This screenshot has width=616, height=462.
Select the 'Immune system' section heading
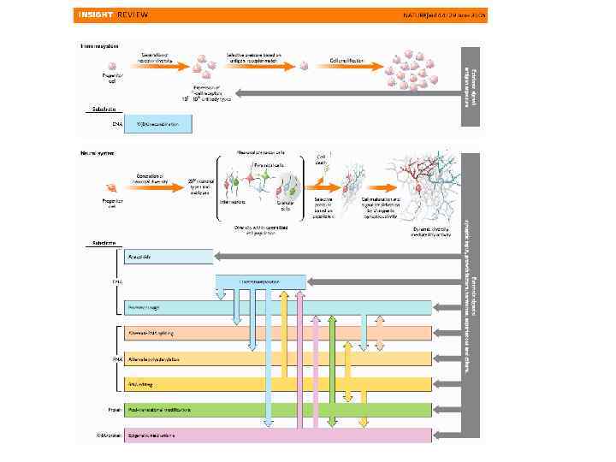click(x=100, y=45)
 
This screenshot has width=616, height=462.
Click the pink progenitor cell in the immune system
click(x=110, y=64)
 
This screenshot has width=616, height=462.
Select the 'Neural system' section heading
click(x=98, y=153)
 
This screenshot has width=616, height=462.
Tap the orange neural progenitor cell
click(x=110, y=188)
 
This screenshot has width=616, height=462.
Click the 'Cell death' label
click(x=322, y=159)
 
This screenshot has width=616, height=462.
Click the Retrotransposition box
click(x=260, y=281)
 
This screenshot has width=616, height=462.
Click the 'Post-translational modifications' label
click(x=160, y=410)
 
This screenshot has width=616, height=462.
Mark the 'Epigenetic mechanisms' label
click(x=151, y=435)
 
